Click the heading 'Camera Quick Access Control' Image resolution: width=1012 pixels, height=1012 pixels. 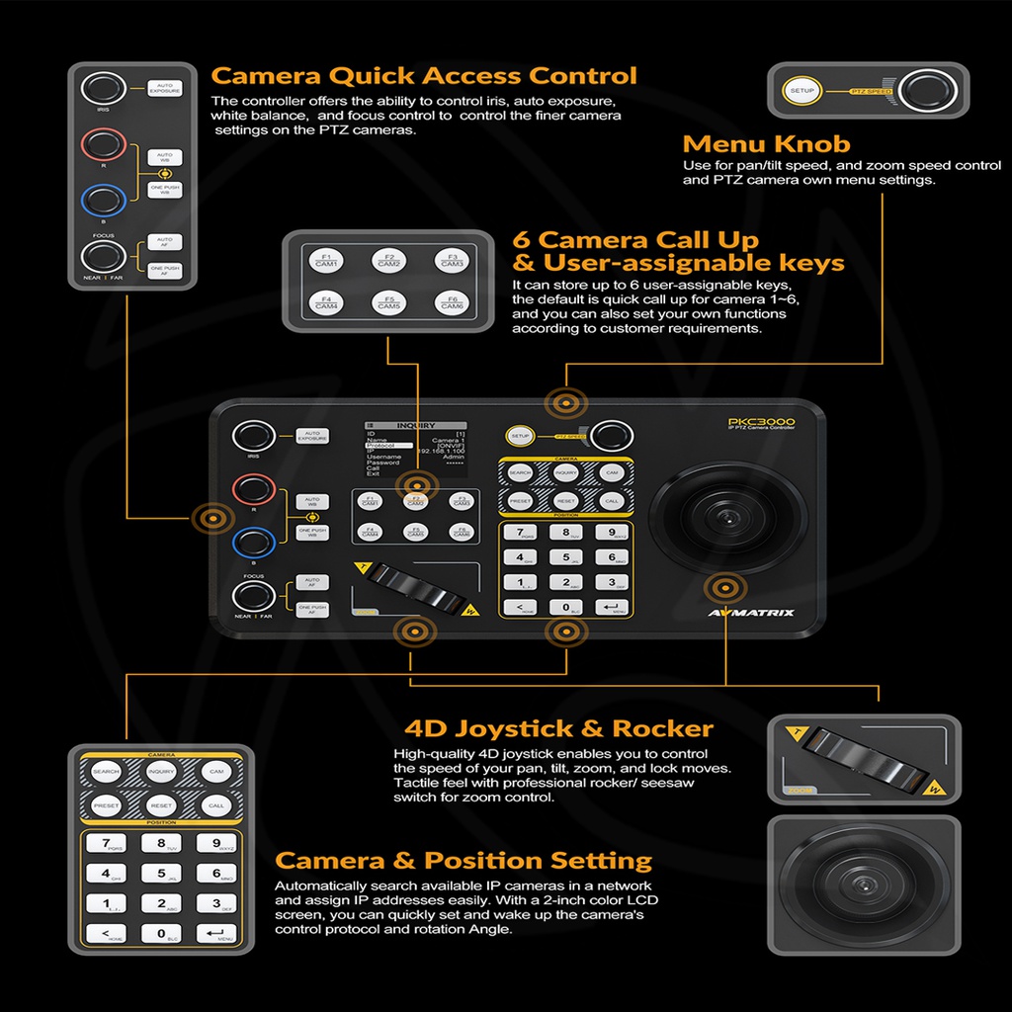click(x=424, y=76)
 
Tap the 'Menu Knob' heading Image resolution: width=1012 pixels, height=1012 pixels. click(x=766, y=144)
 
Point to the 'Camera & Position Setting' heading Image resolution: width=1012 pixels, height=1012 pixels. click(x=464, y=860)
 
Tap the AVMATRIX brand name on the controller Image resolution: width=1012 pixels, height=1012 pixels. click(x=752, y=613)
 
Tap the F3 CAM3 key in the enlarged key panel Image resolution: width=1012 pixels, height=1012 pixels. click(x=452, y=260)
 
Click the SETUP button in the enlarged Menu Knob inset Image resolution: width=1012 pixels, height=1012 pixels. click(x=801, y=91)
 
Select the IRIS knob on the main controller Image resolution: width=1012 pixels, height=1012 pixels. click(x=253, y=437)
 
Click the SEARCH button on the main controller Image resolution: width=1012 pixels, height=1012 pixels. click(x=520, y=473)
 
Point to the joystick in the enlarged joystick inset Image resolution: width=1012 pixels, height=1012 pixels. click(x=863, y=885)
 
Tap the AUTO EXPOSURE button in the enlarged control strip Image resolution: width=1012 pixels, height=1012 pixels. click(x=165, y=89)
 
